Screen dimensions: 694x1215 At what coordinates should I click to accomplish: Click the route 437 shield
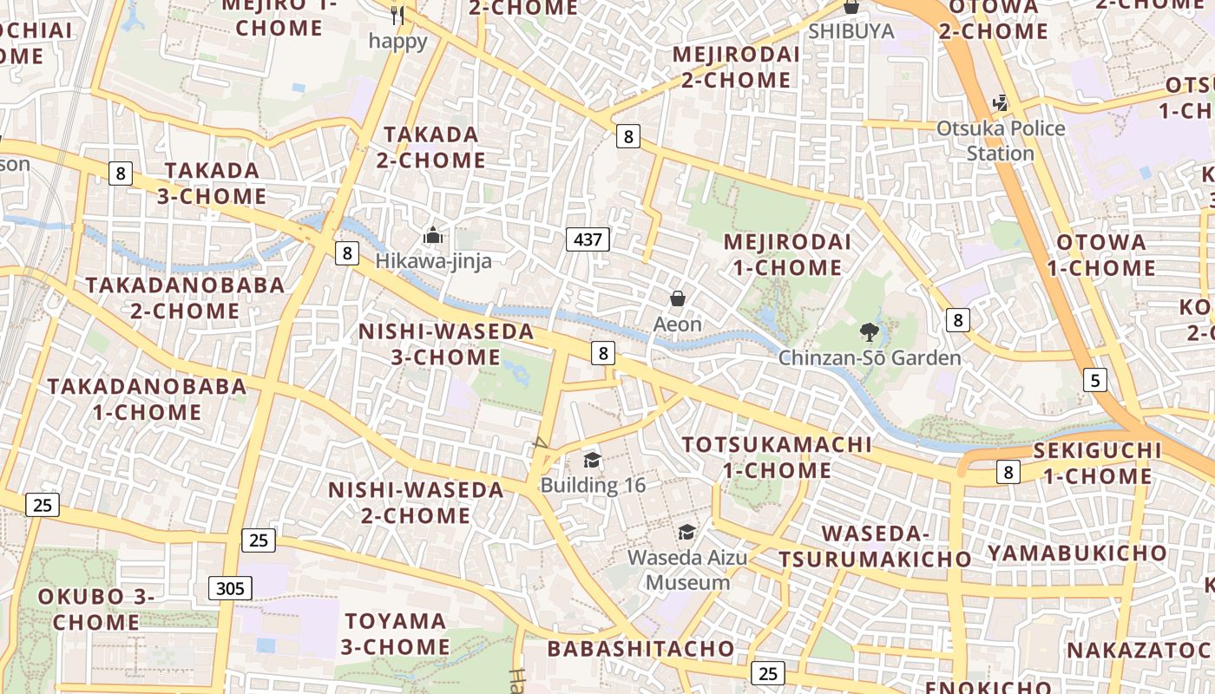click(x=588, y=239)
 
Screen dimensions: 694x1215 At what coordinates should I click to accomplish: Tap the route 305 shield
click(x=230, y=588)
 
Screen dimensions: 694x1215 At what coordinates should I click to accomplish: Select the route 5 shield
click(x=1095, y=379)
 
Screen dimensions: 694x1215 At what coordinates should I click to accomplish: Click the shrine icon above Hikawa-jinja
click(x=432, y=235)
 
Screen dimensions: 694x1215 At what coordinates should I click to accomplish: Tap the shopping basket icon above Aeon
click(x=678, y=299)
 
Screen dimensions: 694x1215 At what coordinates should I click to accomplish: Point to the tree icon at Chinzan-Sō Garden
click(x=869, y=331)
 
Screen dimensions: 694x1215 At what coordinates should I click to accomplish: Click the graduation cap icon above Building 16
click(x=593, y=460)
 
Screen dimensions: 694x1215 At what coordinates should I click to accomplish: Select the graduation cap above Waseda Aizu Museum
click(x=686, y=532)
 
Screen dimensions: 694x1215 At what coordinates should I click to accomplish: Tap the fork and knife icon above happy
click(x=397, y=16)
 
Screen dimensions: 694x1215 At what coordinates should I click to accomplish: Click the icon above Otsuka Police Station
click(x=1001, y=103)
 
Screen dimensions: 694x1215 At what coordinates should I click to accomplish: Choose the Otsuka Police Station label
click(x=1001, y=141)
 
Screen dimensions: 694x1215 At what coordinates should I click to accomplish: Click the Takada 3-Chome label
click(x=212, y=183)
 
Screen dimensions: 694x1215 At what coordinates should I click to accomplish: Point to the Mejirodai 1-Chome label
click(x=787, y=254)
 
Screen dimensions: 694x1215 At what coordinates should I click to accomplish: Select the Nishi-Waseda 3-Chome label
click(x=446, y=344)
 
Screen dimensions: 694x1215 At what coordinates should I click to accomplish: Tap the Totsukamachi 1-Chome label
click(x=777, y=457)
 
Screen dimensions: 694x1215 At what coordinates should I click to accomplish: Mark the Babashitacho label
click(x=640, y=649)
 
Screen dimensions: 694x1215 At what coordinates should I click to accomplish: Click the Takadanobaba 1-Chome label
click(x=147, y=399)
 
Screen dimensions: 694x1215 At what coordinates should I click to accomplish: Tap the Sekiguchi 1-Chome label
click(x=1097, y=463)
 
